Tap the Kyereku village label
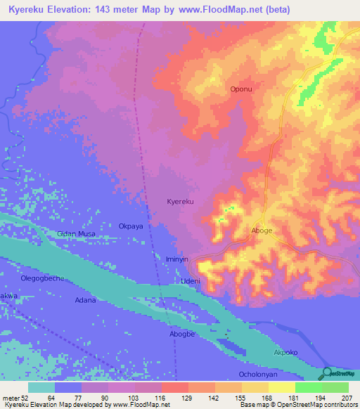(180, 202)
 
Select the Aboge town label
(262, 231)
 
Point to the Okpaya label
(131, 227)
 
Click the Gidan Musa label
(77, 233)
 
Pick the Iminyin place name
(177, 259)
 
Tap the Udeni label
(191, 281)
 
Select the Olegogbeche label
(42, 278)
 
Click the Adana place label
(86, 300)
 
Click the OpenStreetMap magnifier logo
(327, 372)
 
